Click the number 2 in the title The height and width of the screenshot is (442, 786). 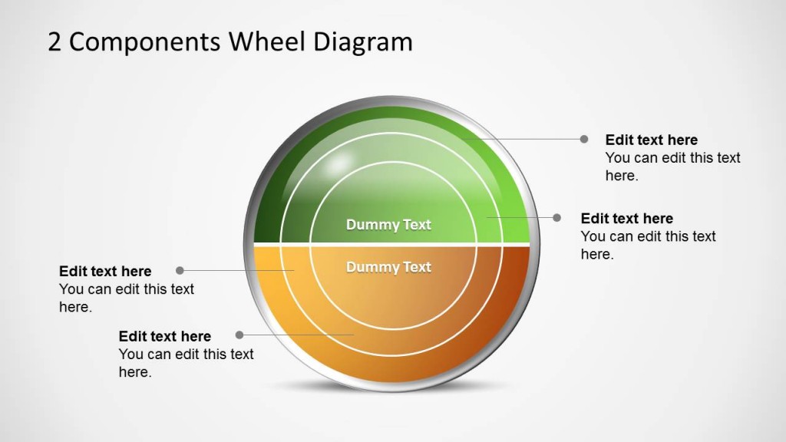[55, 41]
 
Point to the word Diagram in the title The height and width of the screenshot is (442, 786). [362, 43]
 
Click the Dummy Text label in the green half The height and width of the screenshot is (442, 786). [388, 225]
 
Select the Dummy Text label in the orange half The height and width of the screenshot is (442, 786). [388, 267]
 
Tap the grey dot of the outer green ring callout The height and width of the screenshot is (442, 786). [584, 139]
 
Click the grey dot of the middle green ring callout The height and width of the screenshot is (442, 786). [557, 217]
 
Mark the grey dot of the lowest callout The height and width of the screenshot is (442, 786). [239, 335]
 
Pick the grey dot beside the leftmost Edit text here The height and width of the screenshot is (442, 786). [180, 270]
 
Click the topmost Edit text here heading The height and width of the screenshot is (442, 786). [652, 140]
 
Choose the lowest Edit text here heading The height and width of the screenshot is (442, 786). [165, 336]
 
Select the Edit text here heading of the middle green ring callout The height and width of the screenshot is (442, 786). [627, 218]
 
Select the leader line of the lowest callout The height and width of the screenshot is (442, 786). [299, 335]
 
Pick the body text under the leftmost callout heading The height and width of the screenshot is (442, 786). [127, 298]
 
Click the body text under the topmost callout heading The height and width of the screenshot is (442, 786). [673, 167]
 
